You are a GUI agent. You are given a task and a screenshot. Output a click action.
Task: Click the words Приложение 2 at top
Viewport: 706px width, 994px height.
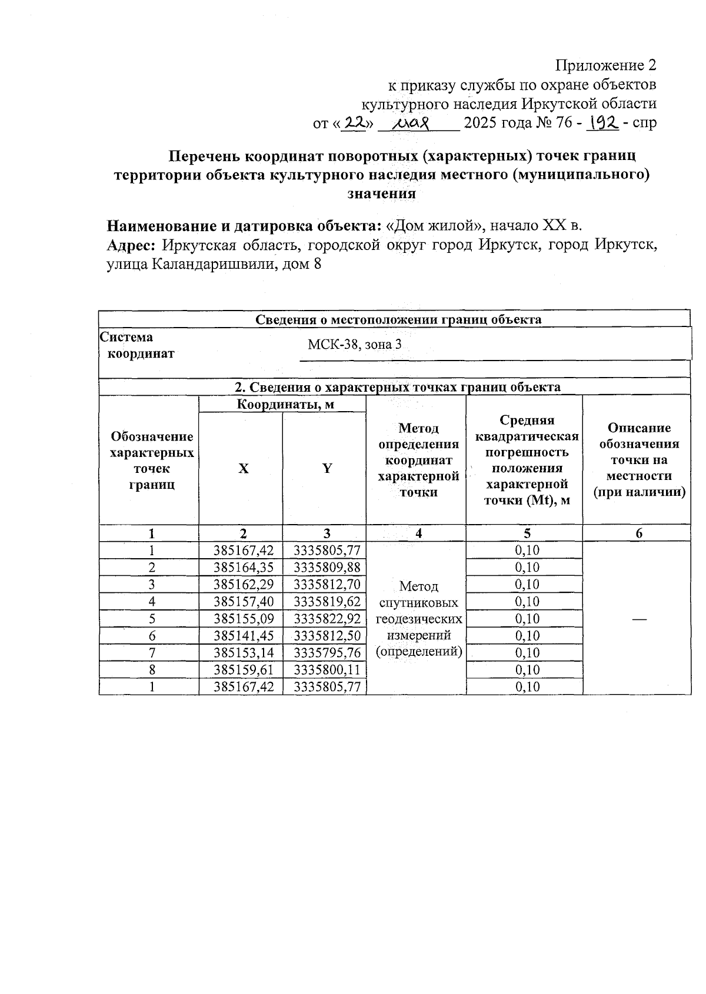[x=606, y=65]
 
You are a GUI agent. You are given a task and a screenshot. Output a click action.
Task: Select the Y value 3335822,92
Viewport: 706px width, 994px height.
[x=327, y=619]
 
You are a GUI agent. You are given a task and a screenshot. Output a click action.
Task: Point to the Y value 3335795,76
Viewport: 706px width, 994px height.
[x=327, y=653]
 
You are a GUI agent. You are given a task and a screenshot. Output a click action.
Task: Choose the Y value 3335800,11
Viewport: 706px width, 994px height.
[x=327, y=670]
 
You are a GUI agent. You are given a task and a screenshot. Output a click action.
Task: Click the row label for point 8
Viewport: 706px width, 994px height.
[x=152, y=670]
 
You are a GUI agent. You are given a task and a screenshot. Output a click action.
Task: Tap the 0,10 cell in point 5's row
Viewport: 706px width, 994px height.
[x=527, y=619]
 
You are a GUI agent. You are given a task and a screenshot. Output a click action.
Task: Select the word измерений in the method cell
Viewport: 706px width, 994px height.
[x=418, y=635]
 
